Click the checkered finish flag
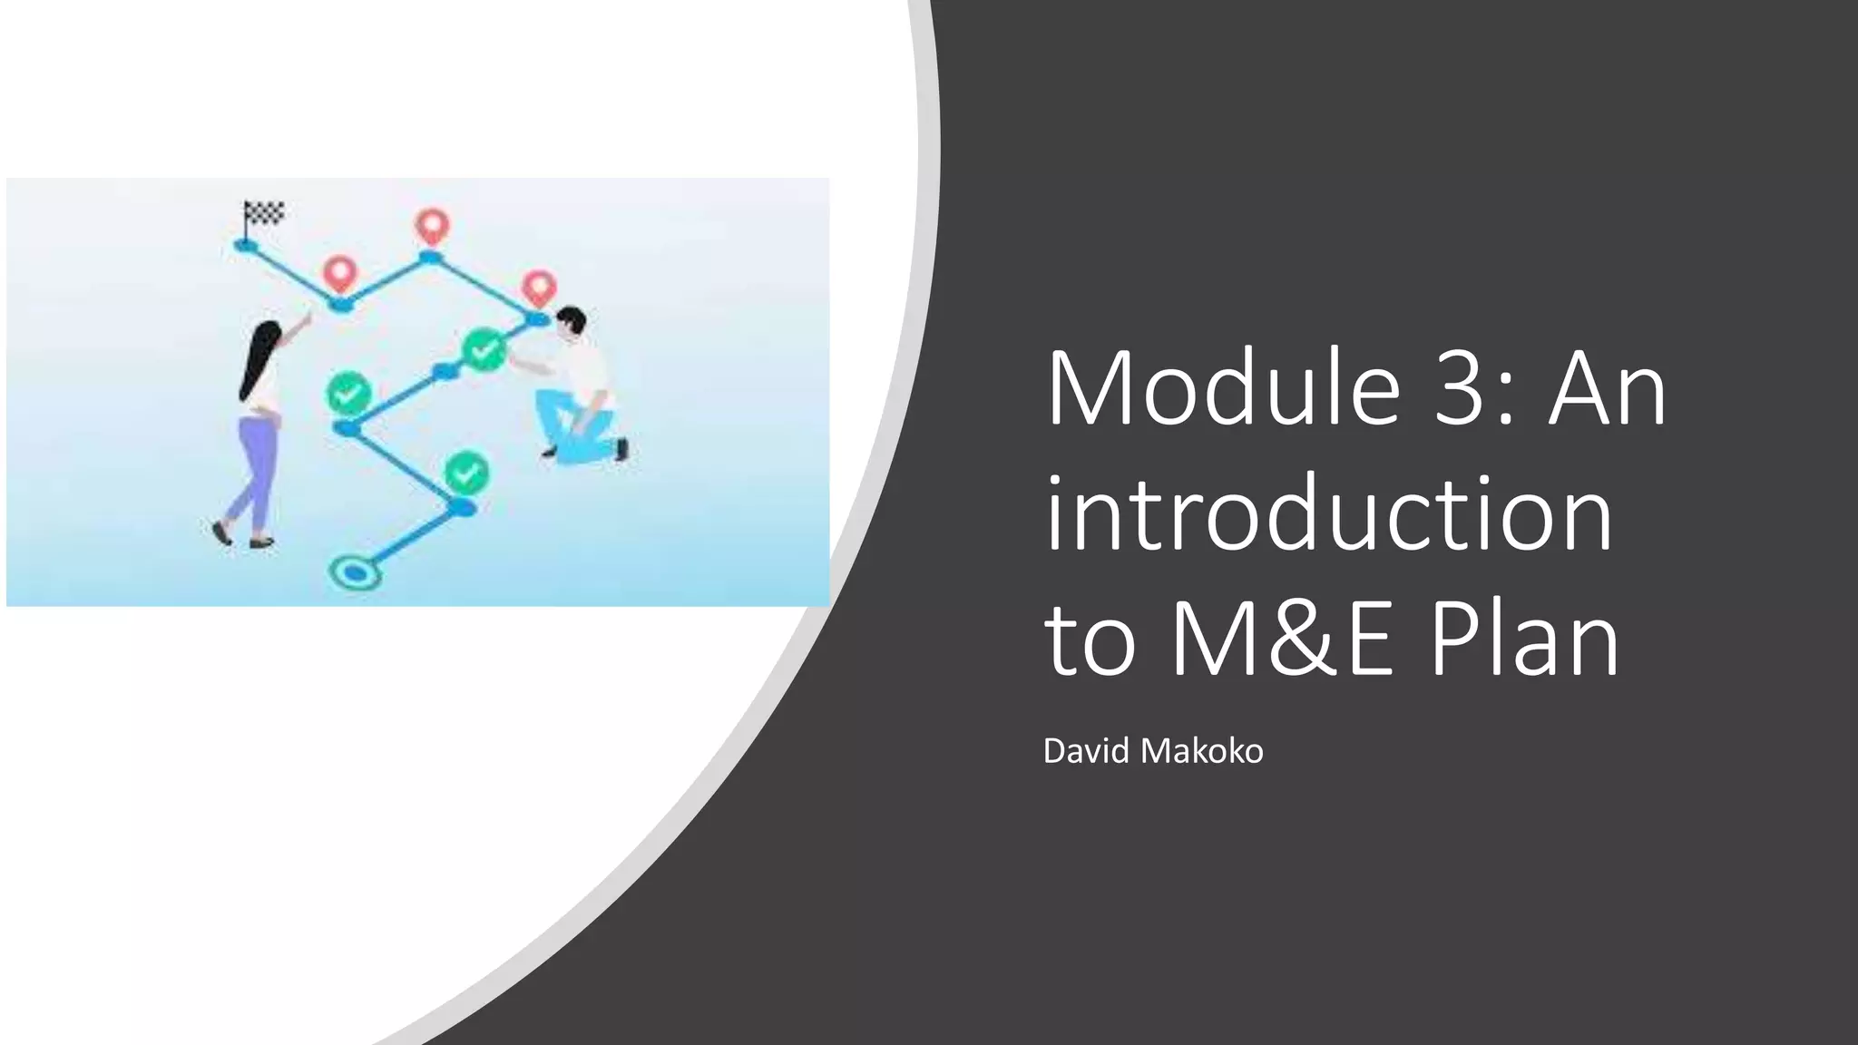click(264, 213)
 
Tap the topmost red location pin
click(432, 225)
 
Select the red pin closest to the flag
click(340, 272)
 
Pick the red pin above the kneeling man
click(540, 288)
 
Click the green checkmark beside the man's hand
click(484, 349)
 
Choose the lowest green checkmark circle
click(467, 473)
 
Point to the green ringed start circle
click(355, 572)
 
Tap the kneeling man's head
click(572, 322)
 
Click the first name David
click(1086, 751)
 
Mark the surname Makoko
click(1202, 751)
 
